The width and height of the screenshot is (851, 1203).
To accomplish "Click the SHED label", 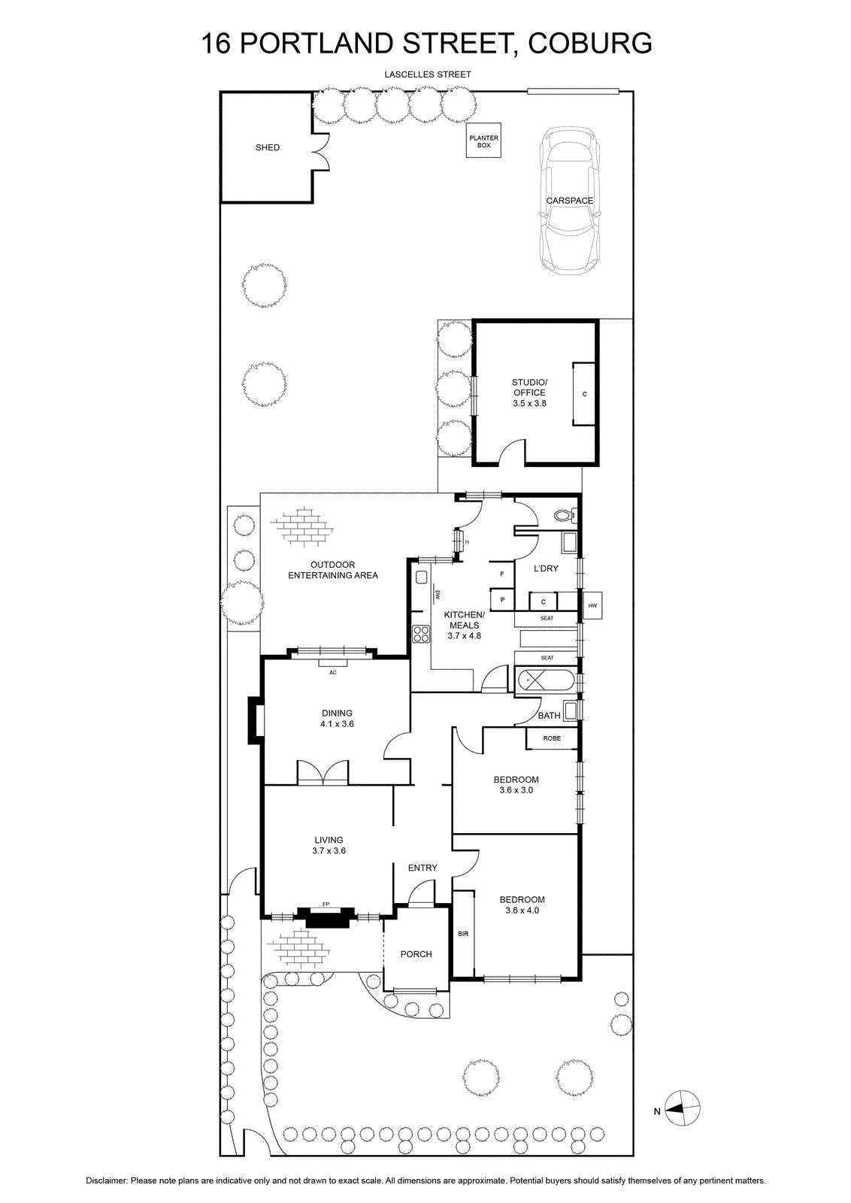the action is pyautogui.click(x=268, y=147).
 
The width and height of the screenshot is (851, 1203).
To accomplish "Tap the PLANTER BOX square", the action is pyautogui.click(x=483, y=141).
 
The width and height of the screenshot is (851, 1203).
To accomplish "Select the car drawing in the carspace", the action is pyautogui.click(x=570, y=202).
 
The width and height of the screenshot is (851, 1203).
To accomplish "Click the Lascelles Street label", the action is pyautogui.click(x=427, y=74).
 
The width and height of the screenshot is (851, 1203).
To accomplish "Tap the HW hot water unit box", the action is pyautogui.click(x=592, y=605).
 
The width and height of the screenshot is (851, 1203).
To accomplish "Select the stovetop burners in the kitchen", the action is pyautogui.click(x=421, y=634).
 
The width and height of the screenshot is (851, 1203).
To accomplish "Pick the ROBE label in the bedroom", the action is pyautogui.click(x=551, y=738).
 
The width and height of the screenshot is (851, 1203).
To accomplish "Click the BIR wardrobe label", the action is pyautogui.click(x=463, y=933).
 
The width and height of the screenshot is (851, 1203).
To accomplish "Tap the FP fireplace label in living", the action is pyautogui.click(x=326, y=905).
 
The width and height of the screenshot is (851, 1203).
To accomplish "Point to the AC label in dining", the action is pyautogui.click(x=333, y=672).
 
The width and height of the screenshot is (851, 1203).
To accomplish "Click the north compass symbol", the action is pyautogui.click(x=683, y=1108).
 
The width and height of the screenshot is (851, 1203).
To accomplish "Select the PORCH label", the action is pyautogui.click(x=416, y=954).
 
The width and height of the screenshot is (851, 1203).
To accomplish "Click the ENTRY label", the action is pyautogui.click(x=422, y=868).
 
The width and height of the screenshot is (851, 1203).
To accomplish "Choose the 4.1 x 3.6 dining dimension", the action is pyautogui.click(x=338, y=723).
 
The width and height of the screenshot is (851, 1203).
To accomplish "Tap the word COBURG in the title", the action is pyautogui.click(x=590, y=43).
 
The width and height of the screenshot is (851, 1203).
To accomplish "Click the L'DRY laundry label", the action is pyautogui.click(x=546, y=568).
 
